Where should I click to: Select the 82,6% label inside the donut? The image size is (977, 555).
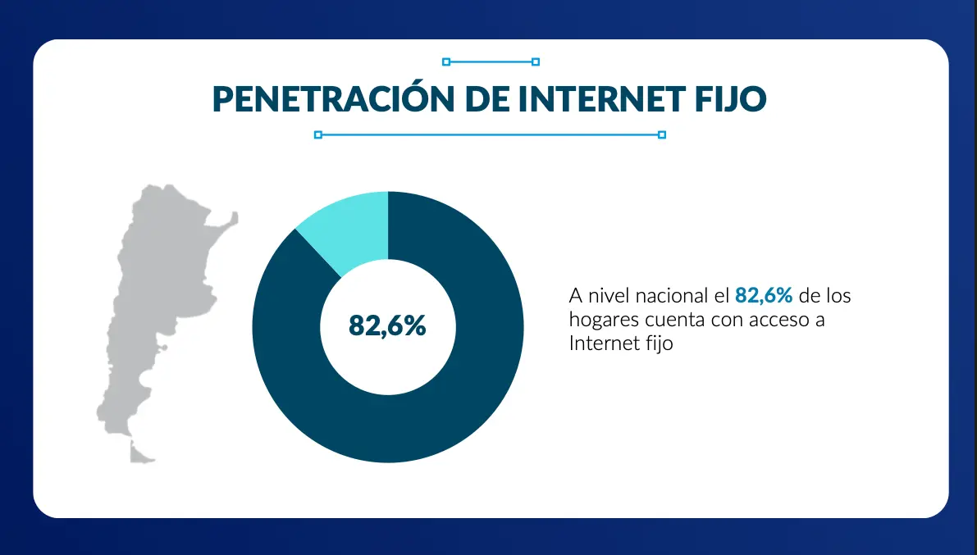tap(387, 325)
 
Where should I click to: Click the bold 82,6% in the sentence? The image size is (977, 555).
tap(764, 295)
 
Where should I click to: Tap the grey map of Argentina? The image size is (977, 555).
tap(156, 303)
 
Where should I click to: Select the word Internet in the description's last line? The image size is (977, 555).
tap(600, 343)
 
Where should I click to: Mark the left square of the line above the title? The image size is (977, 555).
tap(446, 61)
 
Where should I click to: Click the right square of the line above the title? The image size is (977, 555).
tap(536, 61)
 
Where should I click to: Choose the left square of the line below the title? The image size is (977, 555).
tap(318, 134)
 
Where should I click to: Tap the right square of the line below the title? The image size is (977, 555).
tap(662, 134)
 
